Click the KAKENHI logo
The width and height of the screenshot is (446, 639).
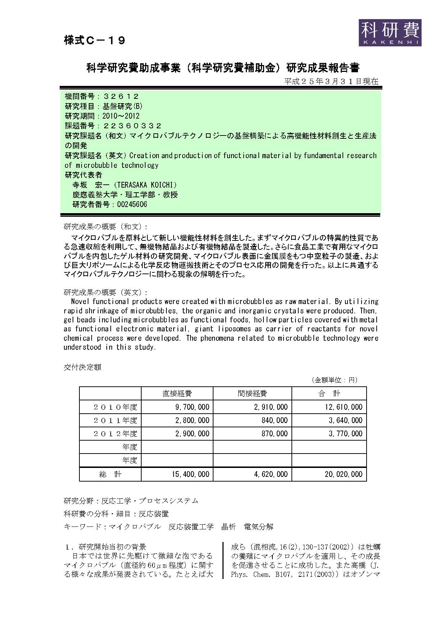390,32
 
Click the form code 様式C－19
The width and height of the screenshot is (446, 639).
95,41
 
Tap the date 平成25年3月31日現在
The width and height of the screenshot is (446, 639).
331,81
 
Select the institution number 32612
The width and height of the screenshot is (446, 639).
121,96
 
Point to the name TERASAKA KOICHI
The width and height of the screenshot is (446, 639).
145,185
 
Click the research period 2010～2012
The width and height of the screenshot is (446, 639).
121,116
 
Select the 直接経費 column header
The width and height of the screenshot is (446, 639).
177,394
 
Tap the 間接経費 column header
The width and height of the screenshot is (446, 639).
252,394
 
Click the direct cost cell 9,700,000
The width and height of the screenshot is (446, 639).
192,407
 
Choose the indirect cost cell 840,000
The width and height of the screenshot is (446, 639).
275,420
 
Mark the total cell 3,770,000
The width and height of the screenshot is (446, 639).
345,434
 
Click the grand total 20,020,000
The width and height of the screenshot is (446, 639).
343,474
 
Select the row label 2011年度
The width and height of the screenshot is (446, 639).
115,420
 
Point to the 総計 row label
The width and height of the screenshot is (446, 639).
110,474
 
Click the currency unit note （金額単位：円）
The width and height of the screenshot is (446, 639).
334,380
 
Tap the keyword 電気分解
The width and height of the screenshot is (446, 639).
258,527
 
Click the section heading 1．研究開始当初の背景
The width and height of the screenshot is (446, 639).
105,547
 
